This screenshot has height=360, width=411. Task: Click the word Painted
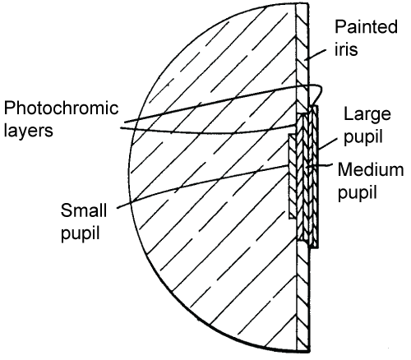point(366,26)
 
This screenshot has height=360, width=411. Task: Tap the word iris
point(346,49)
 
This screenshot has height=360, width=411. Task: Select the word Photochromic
point(61,108)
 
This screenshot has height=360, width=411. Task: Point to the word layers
point(28,131)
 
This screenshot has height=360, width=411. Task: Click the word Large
point(367,115)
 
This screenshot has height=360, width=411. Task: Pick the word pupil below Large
point(363,137)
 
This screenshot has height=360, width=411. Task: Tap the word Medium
point(371,169)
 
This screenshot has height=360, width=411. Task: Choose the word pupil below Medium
point(358,193)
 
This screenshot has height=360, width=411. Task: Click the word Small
point(84,210)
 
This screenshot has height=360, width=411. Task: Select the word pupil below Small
point(80,233)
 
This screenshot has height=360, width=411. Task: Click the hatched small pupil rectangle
point(293,177)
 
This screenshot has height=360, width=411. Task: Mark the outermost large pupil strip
point(315,177)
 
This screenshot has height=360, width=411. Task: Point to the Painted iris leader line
point(316,54)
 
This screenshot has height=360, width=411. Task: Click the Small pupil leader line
point(203,187)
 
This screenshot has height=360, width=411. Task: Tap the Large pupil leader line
point(327,144)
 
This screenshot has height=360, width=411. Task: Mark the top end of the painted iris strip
point(302,4)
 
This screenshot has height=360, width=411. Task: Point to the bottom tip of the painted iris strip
point(308,351)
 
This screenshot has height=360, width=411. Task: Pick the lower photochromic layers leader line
point(208,132)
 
